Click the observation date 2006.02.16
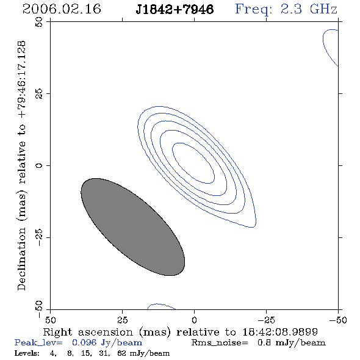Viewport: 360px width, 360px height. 62,9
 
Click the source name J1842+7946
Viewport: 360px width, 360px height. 175,9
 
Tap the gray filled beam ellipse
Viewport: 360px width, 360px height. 132,227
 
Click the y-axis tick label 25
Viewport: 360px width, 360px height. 39,94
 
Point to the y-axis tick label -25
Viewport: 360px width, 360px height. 39,237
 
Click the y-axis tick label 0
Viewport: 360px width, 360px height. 39,165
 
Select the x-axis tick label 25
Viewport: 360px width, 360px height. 122,320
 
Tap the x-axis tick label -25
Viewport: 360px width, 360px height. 266,320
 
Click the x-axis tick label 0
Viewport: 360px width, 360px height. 194,320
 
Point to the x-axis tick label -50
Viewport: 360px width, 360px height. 338,320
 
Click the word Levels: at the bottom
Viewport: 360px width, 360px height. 27,353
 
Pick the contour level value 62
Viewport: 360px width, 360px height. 121,353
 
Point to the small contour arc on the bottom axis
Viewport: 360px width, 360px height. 160,304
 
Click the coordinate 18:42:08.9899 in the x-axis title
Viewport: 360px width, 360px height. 280,332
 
